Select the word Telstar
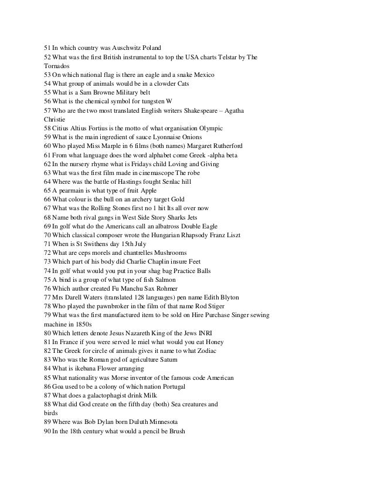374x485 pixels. point(219,57)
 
